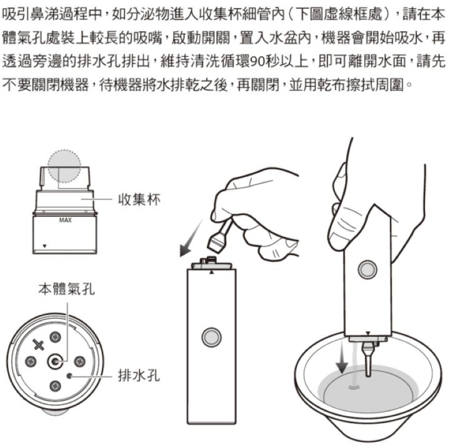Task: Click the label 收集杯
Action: tap(139, 199)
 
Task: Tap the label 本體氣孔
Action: tap(67, 289)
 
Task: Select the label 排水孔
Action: tap(139, 376)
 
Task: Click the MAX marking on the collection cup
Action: tap(65, 220)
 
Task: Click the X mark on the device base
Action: tap(39, 344)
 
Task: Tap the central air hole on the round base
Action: tap(55, 361)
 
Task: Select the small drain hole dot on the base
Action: tap(69, 376)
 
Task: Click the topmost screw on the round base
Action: tap(55, 337)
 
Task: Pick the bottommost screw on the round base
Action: tap(55, 386)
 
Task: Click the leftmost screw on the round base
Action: tap(31, 361)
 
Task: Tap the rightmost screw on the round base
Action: tap(80, 361)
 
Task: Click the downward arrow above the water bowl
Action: tap(342, 357)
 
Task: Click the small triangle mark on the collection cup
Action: tap(44, 246)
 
